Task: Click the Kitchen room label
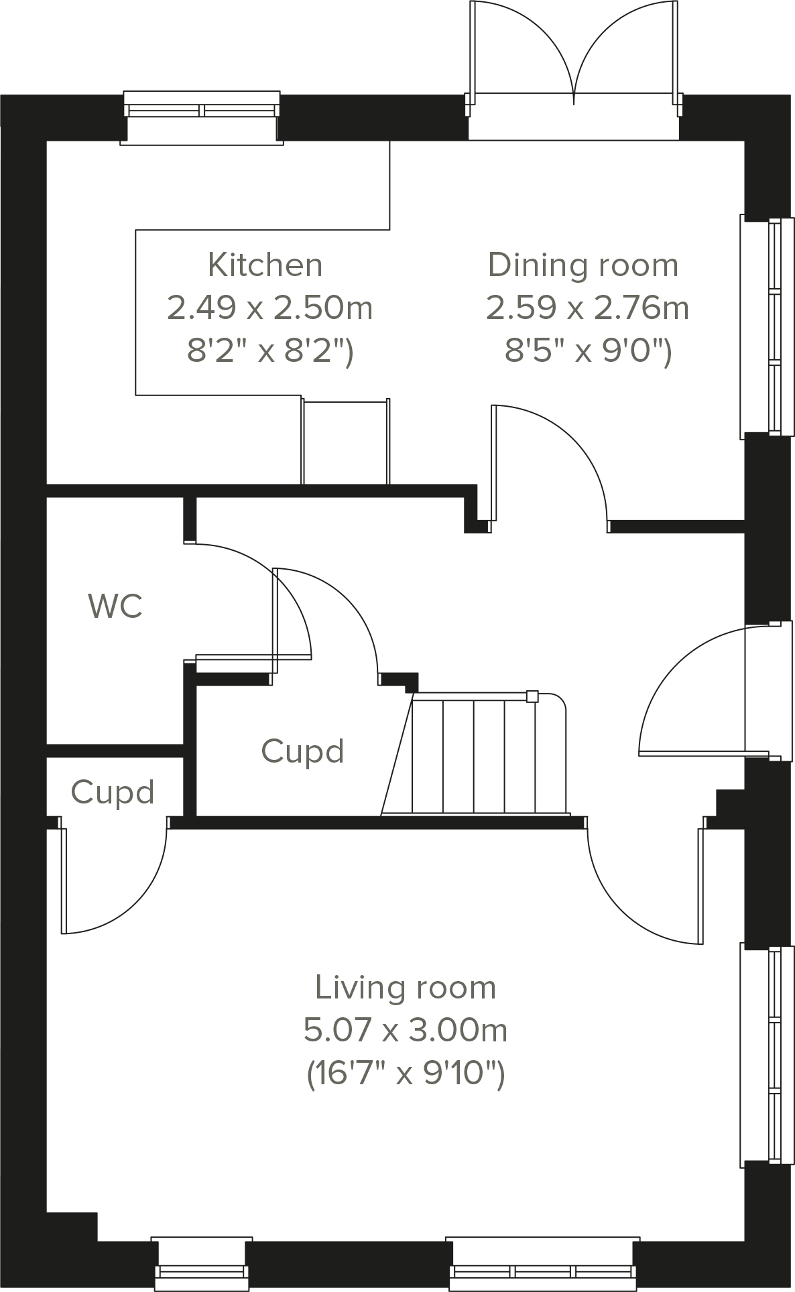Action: point(265,265)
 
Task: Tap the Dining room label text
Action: point(583,265)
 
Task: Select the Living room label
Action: point(405,988)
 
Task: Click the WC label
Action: point(115,606)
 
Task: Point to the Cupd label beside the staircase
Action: point(302,751)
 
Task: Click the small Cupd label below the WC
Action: point(113,792)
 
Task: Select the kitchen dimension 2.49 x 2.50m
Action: point(269,308)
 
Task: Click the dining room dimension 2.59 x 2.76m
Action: point(587,308)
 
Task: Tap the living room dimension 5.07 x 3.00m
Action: point(405,1030)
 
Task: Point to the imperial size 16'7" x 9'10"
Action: point(405,1074)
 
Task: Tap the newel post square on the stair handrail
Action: point(532,696)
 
